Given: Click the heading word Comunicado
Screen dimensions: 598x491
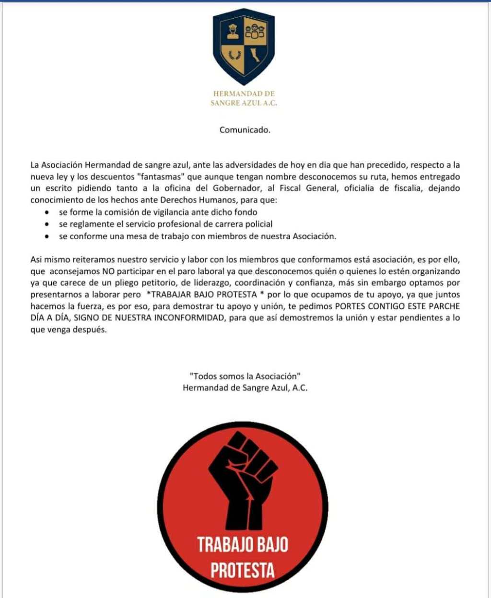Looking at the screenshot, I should click(x=245, y=130).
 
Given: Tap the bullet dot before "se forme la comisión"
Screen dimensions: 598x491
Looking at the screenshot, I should click(x=47, y=212).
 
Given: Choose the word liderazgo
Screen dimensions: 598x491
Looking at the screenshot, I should click(x=206, y=283).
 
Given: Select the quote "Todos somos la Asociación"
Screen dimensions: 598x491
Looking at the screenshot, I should click(x=245, y=376).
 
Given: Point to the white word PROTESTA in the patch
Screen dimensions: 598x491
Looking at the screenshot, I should click(x=243, y=570).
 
